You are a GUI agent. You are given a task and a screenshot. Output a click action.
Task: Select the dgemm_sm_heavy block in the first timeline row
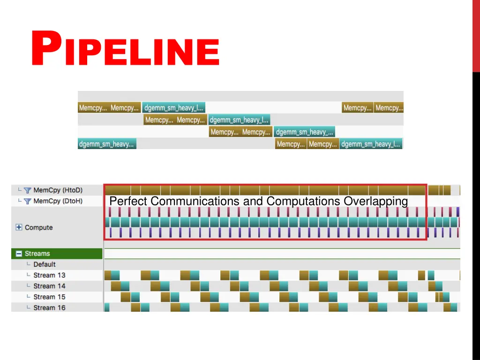point(173,108)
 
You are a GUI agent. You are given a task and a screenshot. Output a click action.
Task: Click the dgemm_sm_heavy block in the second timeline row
point(239,120)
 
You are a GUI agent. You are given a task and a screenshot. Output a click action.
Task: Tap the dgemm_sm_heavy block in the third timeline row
point(305,132)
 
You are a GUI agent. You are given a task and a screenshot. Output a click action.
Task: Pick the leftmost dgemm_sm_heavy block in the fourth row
point(107,144)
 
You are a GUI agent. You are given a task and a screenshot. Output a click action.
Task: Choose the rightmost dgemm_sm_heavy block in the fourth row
point(371,144)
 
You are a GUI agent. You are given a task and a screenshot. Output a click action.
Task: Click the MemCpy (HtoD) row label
point(58,190)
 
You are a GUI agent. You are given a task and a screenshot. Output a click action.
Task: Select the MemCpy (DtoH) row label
point(58,201)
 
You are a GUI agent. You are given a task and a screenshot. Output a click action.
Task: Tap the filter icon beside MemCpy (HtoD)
point(28,190)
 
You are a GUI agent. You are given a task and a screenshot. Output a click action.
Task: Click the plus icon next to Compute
point(19,227)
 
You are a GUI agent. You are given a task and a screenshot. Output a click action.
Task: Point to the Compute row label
point(39,227)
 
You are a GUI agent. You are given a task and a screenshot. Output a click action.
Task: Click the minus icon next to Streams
point(19,254)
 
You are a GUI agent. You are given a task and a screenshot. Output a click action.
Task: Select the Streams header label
point(37,254)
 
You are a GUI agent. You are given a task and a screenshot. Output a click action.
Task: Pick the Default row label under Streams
point(45,264)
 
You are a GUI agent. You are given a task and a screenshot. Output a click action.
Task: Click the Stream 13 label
point(49,275)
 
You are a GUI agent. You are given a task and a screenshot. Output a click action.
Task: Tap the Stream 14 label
point(49,286)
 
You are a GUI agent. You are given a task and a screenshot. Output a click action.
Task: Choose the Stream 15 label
point(49,297)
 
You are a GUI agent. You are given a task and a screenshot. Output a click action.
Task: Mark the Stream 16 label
point(49,307)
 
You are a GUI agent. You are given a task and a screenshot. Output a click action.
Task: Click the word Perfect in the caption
point(128,201)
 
